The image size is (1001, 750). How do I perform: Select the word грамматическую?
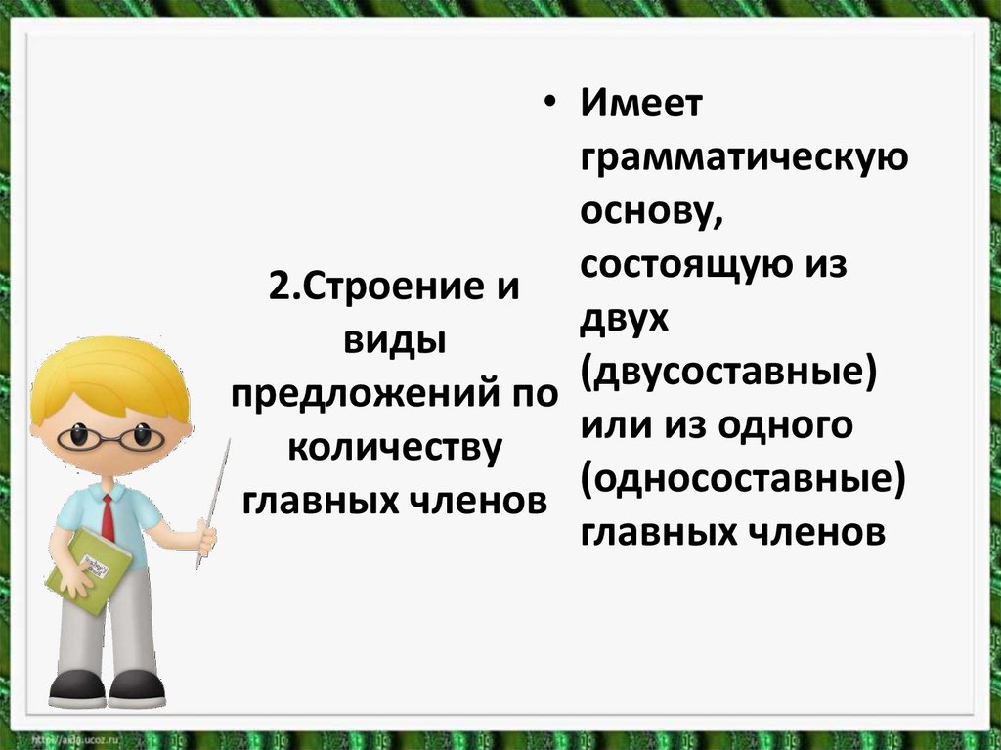(x=744, y=160)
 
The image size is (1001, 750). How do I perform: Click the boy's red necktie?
(x=108, y=518)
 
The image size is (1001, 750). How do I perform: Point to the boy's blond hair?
(x=108, y=372)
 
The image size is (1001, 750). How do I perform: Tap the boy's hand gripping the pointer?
(x=206, y=537)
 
